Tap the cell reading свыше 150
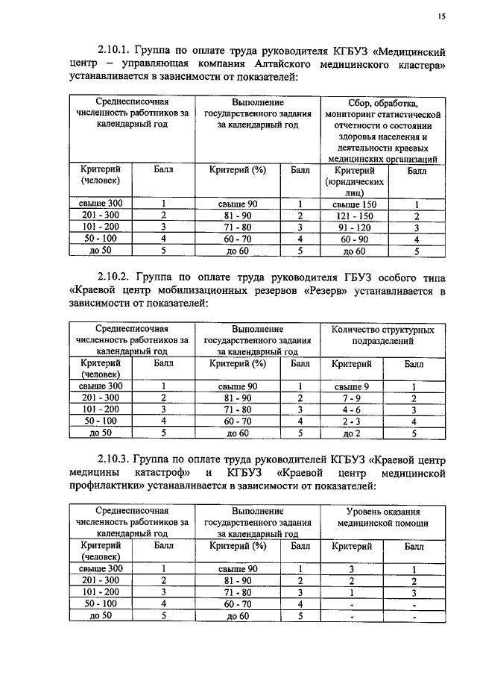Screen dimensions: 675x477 click(x=354, y=203)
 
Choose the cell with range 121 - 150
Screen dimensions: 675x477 click(x=354, y=215)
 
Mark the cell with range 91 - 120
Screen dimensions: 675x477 click(x=354, y=227)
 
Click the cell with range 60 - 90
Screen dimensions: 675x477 click(x=354, y=239)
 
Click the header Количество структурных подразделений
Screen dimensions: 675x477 click(x=383, y=334)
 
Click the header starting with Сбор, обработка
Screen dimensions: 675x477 click(x=383, y=131)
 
